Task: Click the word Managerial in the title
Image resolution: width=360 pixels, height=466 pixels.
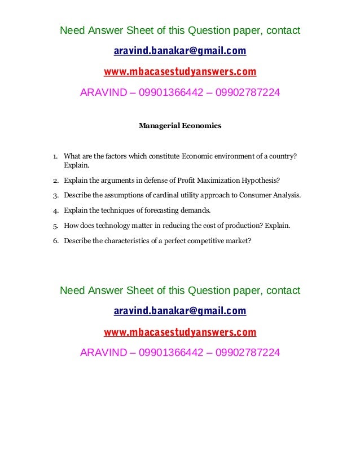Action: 159,126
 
